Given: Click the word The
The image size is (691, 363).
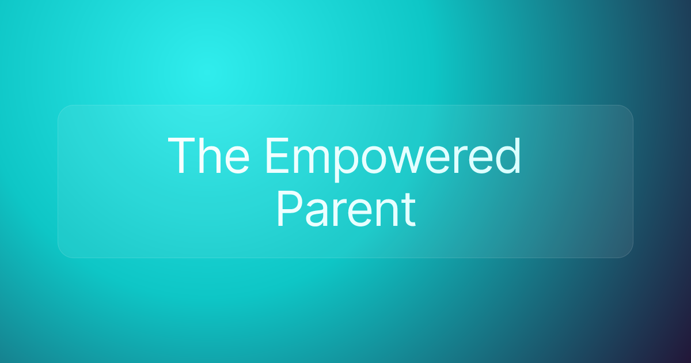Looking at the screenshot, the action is point(208,156).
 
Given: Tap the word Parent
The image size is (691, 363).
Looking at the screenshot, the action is point(346,209).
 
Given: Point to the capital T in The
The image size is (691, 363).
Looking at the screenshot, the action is point(183,156).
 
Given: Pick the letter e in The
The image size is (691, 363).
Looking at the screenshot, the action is point(237,161).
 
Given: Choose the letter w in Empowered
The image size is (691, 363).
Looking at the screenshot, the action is point(407,161).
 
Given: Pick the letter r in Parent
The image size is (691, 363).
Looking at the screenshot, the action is point(340,214).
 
